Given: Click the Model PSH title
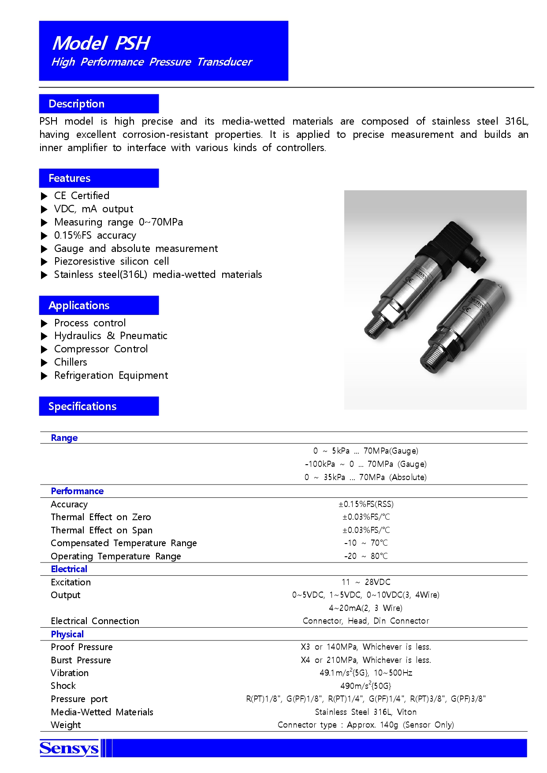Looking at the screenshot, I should (101, 43).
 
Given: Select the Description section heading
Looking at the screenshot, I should (76, 104).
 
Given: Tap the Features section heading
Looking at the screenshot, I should (69, 178).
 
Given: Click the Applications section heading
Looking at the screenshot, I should (79, 306).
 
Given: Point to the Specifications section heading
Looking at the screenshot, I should (82, 407).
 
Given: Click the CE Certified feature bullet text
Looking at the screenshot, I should (82, 196).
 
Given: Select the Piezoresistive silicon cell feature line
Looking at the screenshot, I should (112, 261).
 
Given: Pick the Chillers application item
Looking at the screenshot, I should (71, 362).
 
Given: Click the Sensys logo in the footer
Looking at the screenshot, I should (69, 748).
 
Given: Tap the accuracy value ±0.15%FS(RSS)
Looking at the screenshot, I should (366, 504).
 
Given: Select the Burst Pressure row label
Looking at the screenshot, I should (81, 660).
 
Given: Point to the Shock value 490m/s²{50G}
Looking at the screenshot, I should (366, 686).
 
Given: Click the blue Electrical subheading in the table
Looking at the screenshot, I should (69, 569).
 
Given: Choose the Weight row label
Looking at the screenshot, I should (66, 725).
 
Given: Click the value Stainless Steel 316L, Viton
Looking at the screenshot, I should (366, 712).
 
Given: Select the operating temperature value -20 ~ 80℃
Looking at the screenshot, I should (366, 556).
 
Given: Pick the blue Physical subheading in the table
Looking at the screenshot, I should (67, 634).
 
